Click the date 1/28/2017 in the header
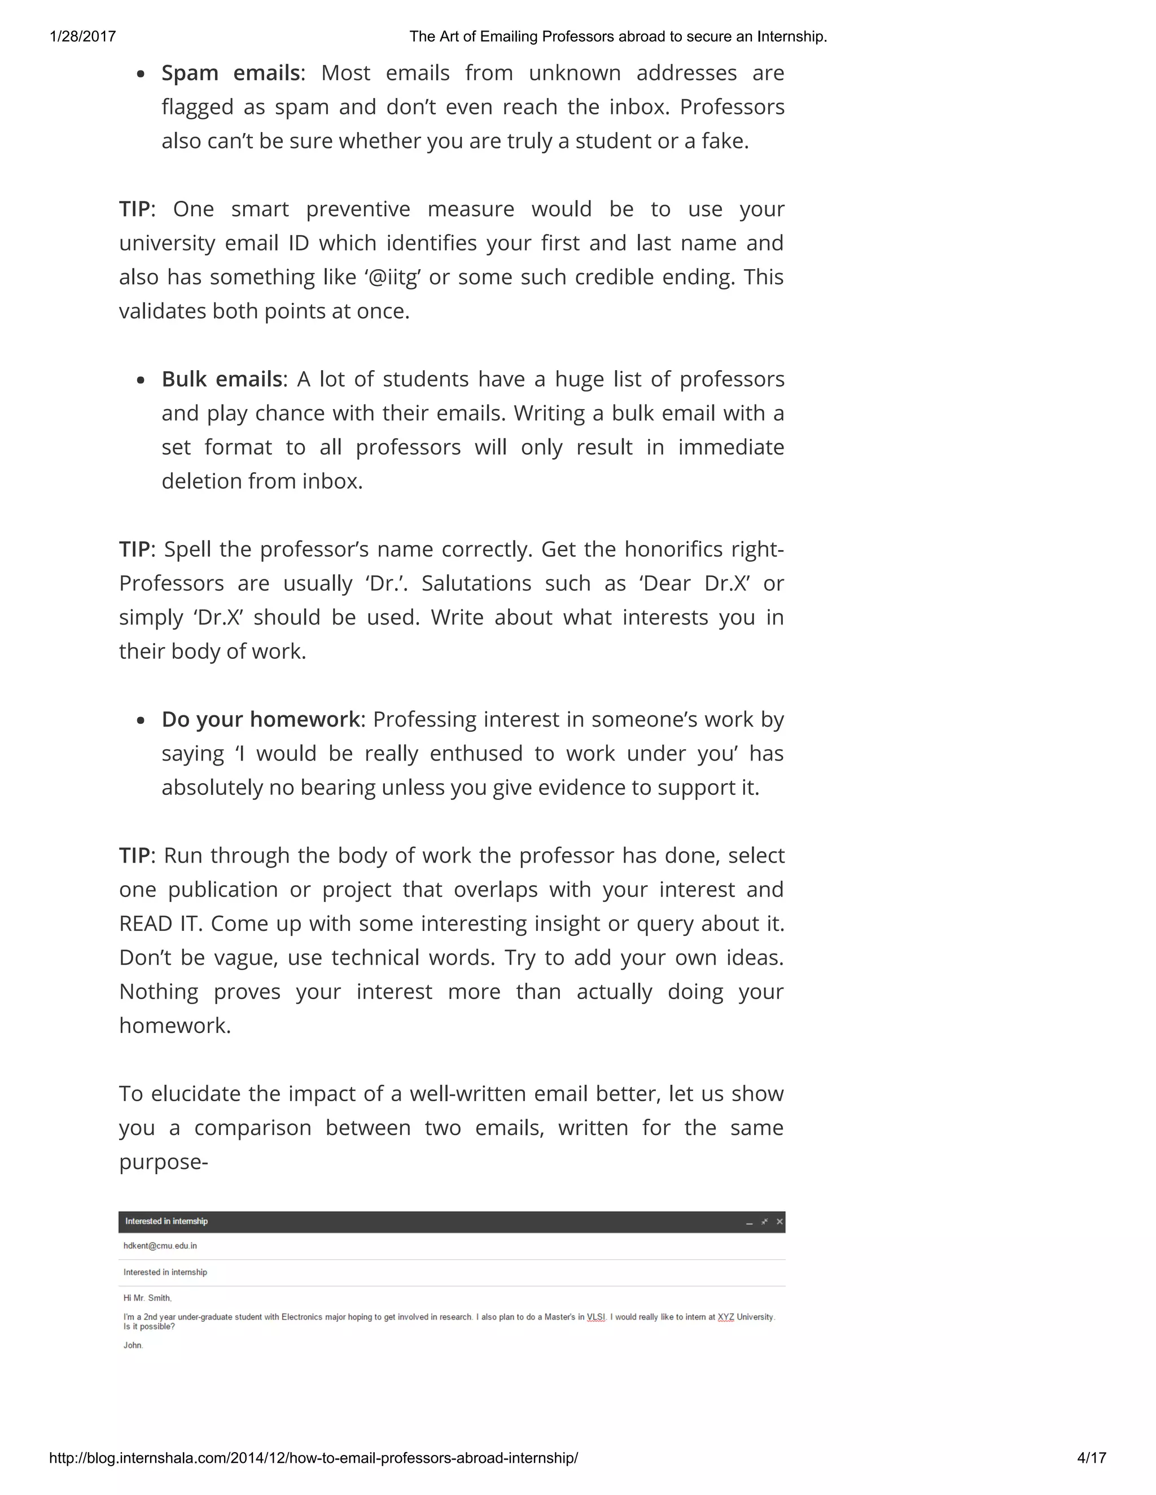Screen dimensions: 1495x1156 [x=83, y=36]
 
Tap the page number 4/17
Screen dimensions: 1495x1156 [x=1091, y=1457]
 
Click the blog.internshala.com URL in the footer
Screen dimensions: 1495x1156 [x=313, y=1457]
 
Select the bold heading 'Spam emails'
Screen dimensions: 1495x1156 [x=230, y=73]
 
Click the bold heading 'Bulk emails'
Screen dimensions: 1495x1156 [x=221, y=379]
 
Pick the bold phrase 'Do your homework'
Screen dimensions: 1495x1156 [x=260, y=719]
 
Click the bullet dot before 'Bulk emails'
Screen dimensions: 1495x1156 [x=141, y=380]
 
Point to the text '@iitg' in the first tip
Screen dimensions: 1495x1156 [x=392, y=276]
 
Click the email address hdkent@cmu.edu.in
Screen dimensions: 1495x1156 [x=160, y=1246]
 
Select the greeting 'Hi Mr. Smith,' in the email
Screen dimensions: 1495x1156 [x=147, y=1298]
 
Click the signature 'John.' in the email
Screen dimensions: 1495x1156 [x=133, y=1345]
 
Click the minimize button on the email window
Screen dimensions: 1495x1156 [x=749, y=1222]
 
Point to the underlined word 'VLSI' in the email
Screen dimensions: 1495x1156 [x=596, y=1317]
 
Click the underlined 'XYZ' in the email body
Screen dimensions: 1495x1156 [x=725, y=1317]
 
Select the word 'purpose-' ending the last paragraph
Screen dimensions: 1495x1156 [x=163, y=1162]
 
